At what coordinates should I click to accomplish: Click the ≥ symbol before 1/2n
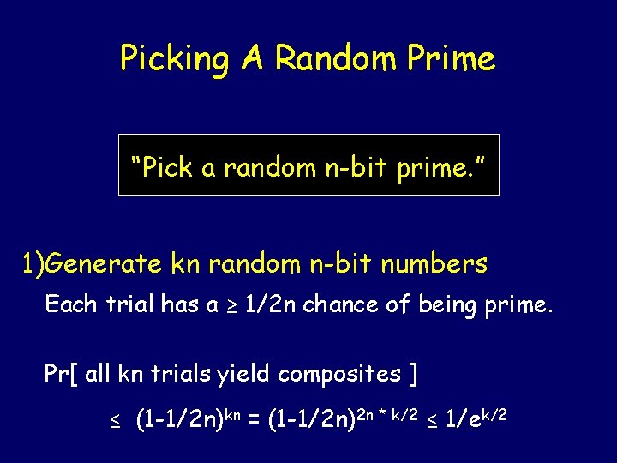tap(231, 305)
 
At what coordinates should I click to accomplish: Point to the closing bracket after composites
tap(414, 374)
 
